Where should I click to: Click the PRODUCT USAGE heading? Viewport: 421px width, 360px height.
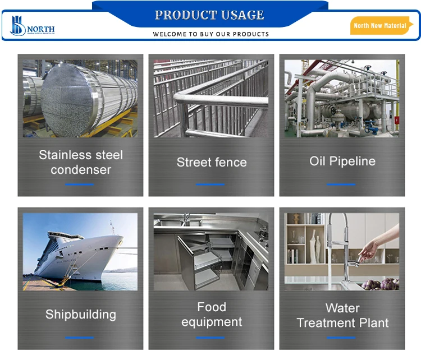(x=209, y=15)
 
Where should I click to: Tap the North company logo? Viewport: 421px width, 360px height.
(x=33, y=26)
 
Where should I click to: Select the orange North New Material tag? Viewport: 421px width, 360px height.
(x=380, y=26)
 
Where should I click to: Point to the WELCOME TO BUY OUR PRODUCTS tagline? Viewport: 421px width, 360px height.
(x=210, y=34)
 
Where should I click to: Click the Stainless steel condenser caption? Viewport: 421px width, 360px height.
(x=80, y=162)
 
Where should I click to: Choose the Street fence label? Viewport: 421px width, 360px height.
(x=211, y=163)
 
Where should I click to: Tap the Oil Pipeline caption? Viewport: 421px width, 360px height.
(x=342, y=161)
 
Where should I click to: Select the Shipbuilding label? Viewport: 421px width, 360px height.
(x=80, y=315)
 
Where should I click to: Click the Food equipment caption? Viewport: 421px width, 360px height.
(x=211, y=315)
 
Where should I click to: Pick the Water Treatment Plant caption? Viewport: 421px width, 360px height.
(x=342, y=316)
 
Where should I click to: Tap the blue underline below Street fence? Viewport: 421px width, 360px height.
(x=210, y=184)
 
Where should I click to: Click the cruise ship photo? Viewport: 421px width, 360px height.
(x=80, y=252)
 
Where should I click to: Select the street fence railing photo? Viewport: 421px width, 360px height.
(x=211, y=98)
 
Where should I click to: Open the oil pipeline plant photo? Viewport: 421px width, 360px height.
(x=342, y=98)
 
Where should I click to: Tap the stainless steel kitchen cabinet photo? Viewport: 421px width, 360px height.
(x=211, y=252)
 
